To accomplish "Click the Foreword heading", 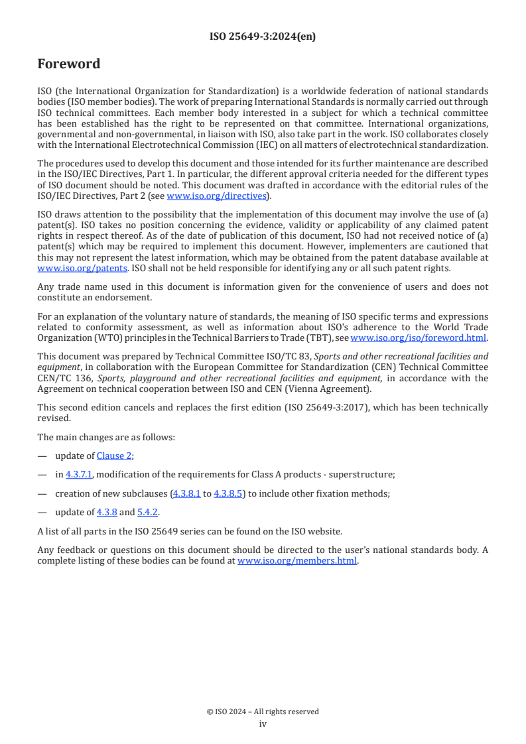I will (69, 64).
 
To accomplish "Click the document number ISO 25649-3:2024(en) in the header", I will (263, 37).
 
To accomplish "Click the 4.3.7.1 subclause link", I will (79, 473).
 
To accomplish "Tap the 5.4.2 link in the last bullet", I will (148, 512).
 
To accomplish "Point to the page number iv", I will (263, 723).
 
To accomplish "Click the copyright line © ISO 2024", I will (263, 712).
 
